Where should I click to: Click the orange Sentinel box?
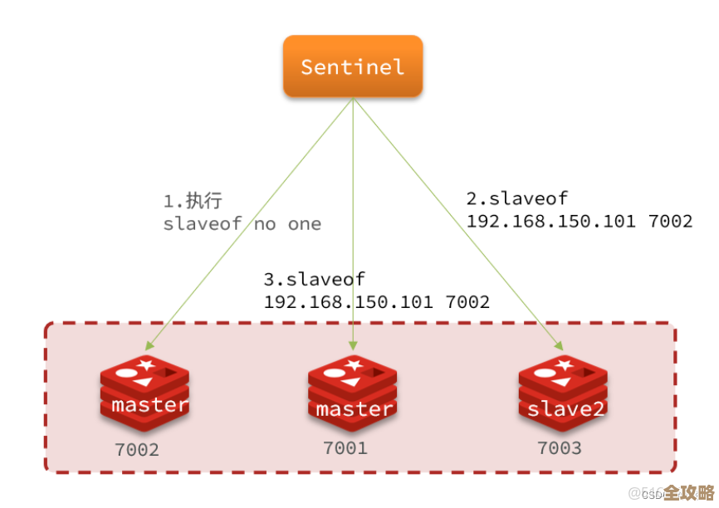coord(353,66)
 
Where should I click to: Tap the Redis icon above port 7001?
coord(353,394)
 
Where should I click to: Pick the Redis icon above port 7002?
coord(145,394)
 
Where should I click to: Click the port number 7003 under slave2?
coord(559,448)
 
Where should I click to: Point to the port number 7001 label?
coord(345,448)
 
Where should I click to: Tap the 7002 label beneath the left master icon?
coord(136,451)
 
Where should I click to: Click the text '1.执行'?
coord(193,202)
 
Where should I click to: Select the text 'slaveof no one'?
coord(242,224)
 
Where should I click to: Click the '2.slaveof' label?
coord(517,199)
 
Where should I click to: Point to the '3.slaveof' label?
coord(315,280)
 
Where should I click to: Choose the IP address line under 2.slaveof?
coord(579,222)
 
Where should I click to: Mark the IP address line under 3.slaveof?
coord(376,302)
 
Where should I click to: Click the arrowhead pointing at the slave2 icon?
coord(556,346)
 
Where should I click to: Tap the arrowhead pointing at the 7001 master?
coord(353,345)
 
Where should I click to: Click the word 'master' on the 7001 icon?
coord(354,409)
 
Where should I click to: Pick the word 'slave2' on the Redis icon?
coord(564,409)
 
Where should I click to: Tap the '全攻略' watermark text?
coord(689,492)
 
